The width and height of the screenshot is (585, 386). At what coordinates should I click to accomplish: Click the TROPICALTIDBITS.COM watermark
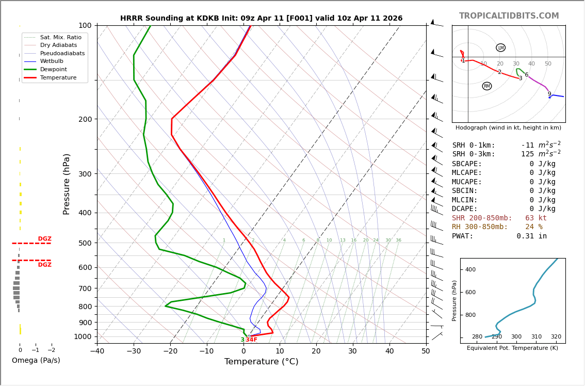coord(509,16)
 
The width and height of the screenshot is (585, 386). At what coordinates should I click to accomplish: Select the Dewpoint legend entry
coord(57,69)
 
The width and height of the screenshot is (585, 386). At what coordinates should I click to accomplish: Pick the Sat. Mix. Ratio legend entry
coord(60,37)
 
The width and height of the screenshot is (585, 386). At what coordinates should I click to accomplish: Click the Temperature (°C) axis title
coord(261,362)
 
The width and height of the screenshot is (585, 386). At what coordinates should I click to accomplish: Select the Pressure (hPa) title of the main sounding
coord(67,184)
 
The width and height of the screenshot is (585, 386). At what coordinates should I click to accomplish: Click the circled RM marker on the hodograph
coord(487,86)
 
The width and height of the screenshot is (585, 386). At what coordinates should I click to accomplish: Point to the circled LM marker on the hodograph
coord(500,48)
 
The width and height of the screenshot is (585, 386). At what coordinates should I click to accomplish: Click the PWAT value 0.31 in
coord(532,236)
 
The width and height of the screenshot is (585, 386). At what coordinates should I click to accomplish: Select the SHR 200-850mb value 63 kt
coord(536,218)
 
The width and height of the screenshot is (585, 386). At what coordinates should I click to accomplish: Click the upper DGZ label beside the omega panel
coord(44,239)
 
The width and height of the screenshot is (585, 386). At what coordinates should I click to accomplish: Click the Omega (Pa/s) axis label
coord(36,360)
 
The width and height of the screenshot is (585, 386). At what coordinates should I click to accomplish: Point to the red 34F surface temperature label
coord(251,340)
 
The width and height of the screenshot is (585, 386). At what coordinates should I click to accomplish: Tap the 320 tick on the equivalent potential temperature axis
coord(556,337)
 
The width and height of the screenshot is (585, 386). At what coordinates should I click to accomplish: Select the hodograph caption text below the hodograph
coord(508,127)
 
